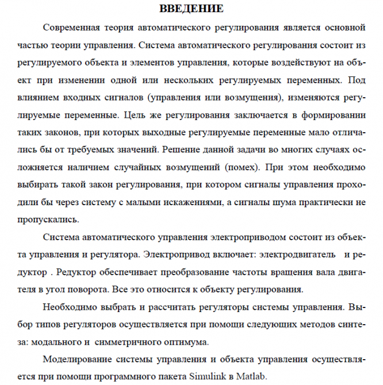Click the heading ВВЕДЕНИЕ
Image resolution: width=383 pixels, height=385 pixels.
[x=191, y=9]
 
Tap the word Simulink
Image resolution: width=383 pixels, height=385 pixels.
[x=206, y=376]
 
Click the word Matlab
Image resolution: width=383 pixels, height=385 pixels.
[x=252, y=376]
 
